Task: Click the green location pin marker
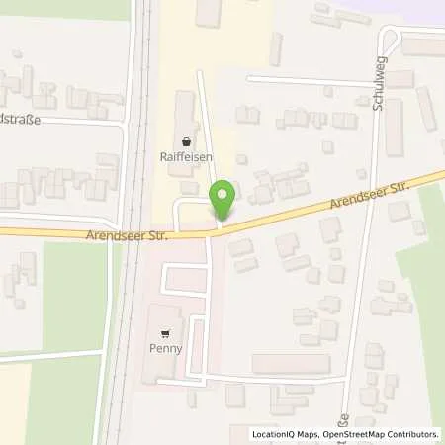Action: pyautogui.click(x=224, y=201)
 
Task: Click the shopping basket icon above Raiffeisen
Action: pyautogui.click(x=187, y=140)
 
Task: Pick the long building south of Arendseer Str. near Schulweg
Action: pyautogui.click(x=291, y=363)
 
